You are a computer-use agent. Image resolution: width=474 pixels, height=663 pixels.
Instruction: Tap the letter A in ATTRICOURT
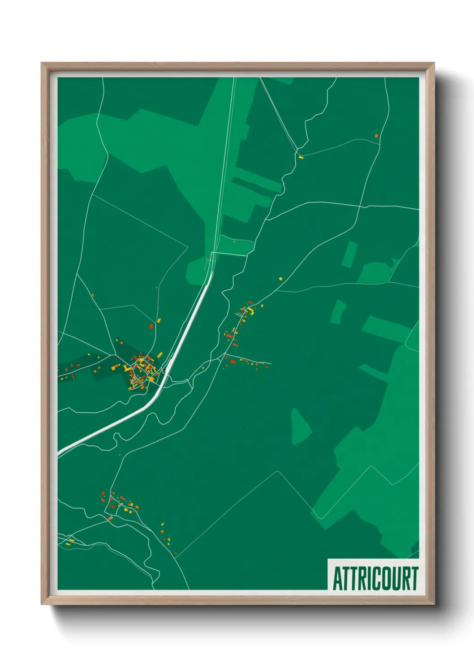coord(337,578)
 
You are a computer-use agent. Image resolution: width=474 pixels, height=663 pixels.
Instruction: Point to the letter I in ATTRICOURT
coord(362,578)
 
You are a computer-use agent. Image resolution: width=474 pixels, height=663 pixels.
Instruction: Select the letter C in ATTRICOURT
coord(370,578)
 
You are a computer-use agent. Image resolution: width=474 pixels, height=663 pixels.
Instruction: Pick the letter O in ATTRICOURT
coord(381,578)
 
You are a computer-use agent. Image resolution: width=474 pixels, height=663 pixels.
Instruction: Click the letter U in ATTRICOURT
coord(392,578)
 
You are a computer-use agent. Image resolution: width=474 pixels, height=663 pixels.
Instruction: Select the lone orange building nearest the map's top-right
coord(376,136)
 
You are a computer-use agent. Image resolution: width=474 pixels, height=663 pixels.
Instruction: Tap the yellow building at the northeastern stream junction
coord(301,157)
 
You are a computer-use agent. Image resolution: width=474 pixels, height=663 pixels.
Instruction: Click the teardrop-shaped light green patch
coord(301,427)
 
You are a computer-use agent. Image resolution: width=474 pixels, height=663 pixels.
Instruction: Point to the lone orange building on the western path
coord(92,295)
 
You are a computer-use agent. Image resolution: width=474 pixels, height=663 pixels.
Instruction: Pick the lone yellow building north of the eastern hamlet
coord(281,279)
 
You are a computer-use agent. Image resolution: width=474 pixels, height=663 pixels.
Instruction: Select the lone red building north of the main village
coord(151,327)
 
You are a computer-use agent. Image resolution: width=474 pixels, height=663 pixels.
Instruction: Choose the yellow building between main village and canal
coord(160,355)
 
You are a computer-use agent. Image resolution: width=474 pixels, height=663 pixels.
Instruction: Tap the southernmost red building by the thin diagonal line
coord(176,553)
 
